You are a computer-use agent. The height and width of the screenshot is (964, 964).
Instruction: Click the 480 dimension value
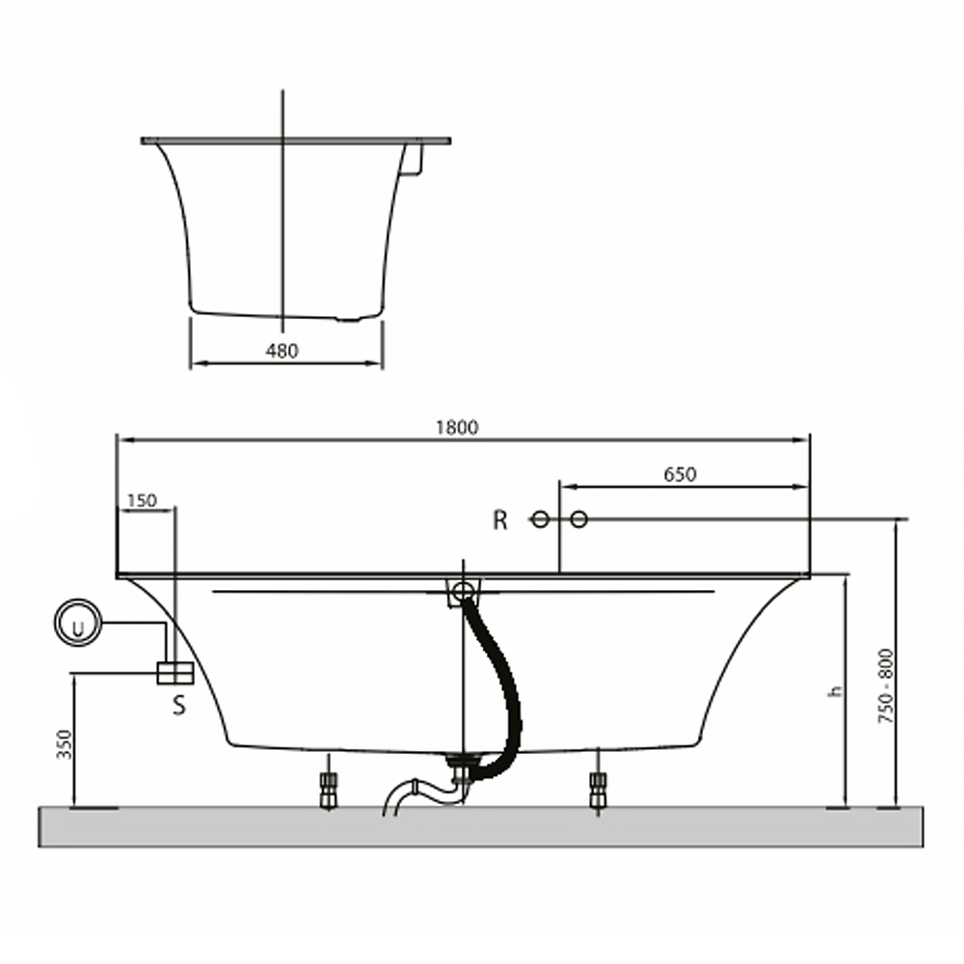(x=281, y=351)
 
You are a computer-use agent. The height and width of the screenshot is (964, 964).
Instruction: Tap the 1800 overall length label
(x=457, y=427)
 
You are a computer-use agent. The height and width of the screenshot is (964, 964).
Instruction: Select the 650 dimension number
(x=680, y=474)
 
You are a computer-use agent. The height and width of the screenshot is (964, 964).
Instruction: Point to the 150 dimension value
(x=142, y=501)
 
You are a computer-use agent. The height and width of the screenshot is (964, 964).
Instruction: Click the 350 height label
(x=65, y=744)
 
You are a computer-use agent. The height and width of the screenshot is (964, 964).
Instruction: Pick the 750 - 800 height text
(x=886, y=685)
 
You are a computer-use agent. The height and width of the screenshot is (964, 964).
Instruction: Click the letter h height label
(x=834, y=690)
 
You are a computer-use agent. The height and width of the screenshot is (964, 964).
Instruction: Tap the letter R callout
(x=499, y=521)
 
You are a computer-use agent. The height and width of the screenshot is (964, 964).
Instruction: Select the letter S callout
(x=179, y=706)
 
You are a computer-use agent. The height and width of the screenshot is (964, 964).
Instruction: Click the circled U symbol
(x=78, y=622)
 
